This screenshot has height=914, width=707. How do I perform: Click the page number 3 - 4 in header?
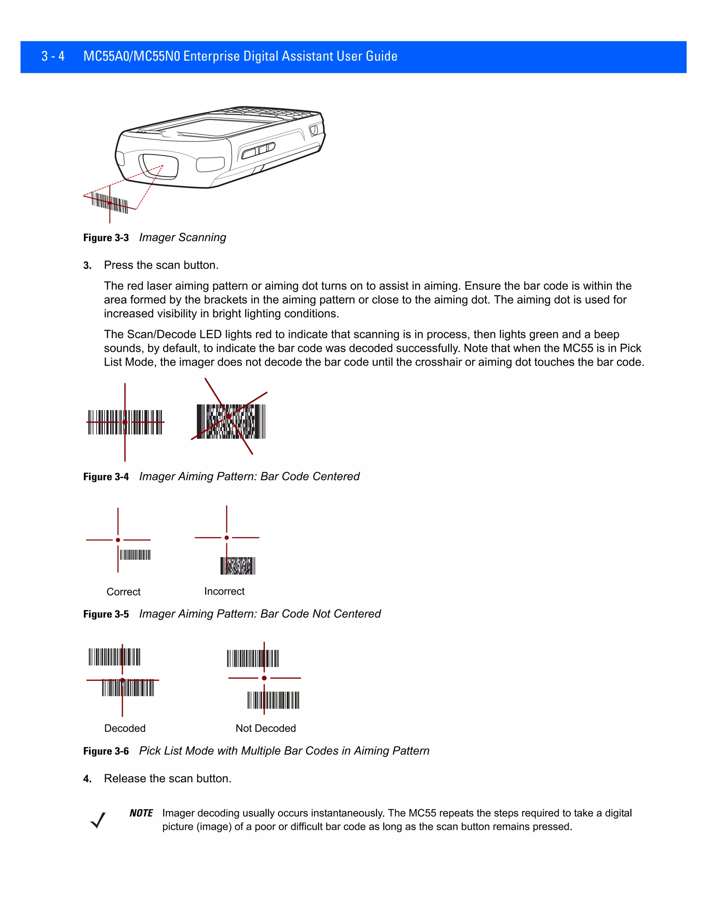point(53,56)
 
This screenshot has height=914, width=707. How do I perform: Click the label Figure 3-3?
point(106,238)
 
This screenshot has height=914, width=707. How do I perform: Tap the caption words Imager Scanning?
point(182,237)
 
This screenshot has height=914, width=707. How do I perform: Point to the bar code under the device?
point(110,202)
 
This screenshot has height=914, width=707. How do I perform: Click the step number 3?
point(87,265)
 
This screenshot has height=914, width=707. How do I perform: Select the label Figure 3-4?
point(106,477)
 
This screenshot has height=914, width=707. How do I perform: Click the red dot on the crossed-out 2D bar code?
point(229,416)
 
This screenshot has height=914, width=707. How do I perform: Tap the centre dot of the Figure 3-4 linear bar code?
point(125,422)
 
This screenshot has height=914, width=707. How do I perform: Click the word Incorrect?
point(224,591)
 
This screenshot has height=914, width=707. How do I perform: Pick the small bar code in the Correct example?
point(135,555)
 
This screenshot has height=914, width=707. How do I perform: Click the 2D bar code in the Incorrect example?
point(238,566)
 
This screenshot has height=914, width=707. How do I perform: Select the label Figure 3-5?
point(106,614)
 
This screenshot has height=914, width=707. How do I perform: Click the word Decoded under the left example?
point(125,728)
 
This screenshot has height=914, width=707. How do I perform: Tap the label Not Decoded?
point(265,728)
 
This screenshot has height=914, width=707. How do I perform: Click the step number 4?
point(87,779)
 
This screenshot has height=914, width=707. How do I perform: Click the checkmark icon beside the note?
point(98,820)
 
